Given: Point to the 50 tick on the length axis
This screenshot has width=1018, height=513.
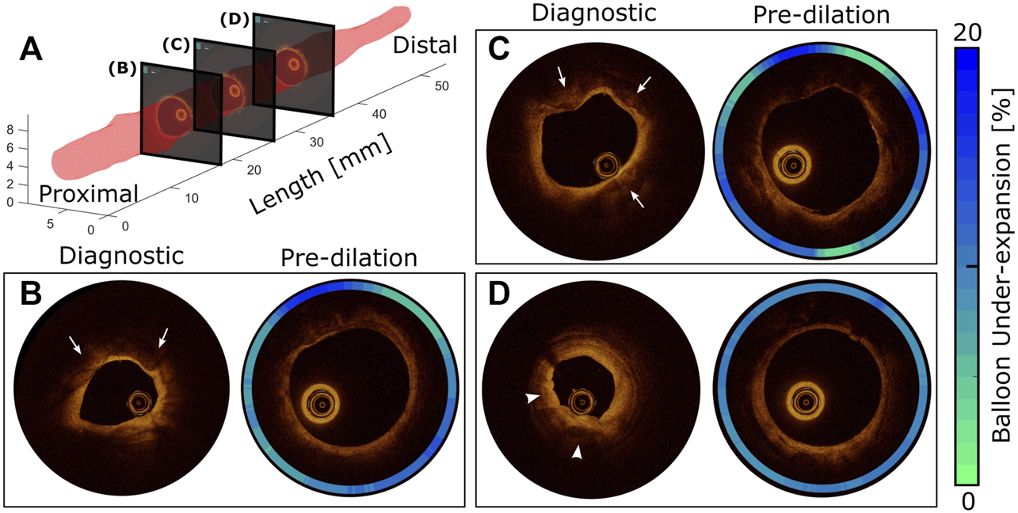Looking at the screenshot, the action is (439, 85).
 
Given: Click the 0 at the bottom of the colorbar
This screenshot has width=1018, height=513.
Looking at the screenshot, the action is (967, 500).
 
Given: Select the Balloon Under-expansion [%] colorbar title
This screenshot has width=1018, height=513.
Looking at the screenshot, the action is (1003, 266).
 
